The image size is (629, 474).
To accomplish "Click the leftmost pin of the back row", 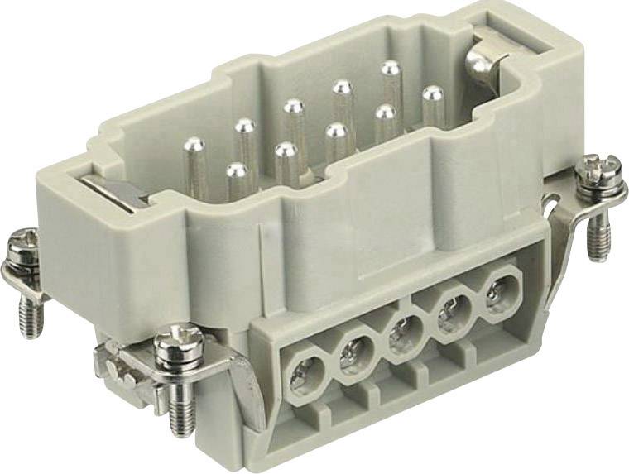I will click(x=192, y=146).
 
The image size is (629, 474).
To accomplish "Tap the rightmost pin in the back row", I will click(x=391, y=69).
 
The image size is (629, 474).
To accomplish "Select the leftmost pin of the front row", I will click(x=237, y=172).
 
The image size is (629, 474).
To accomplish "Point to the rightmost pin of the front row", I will click(x=432, y=93).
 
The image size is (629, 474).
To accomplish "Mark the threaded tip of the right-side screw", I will click(x=597, y=241).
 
